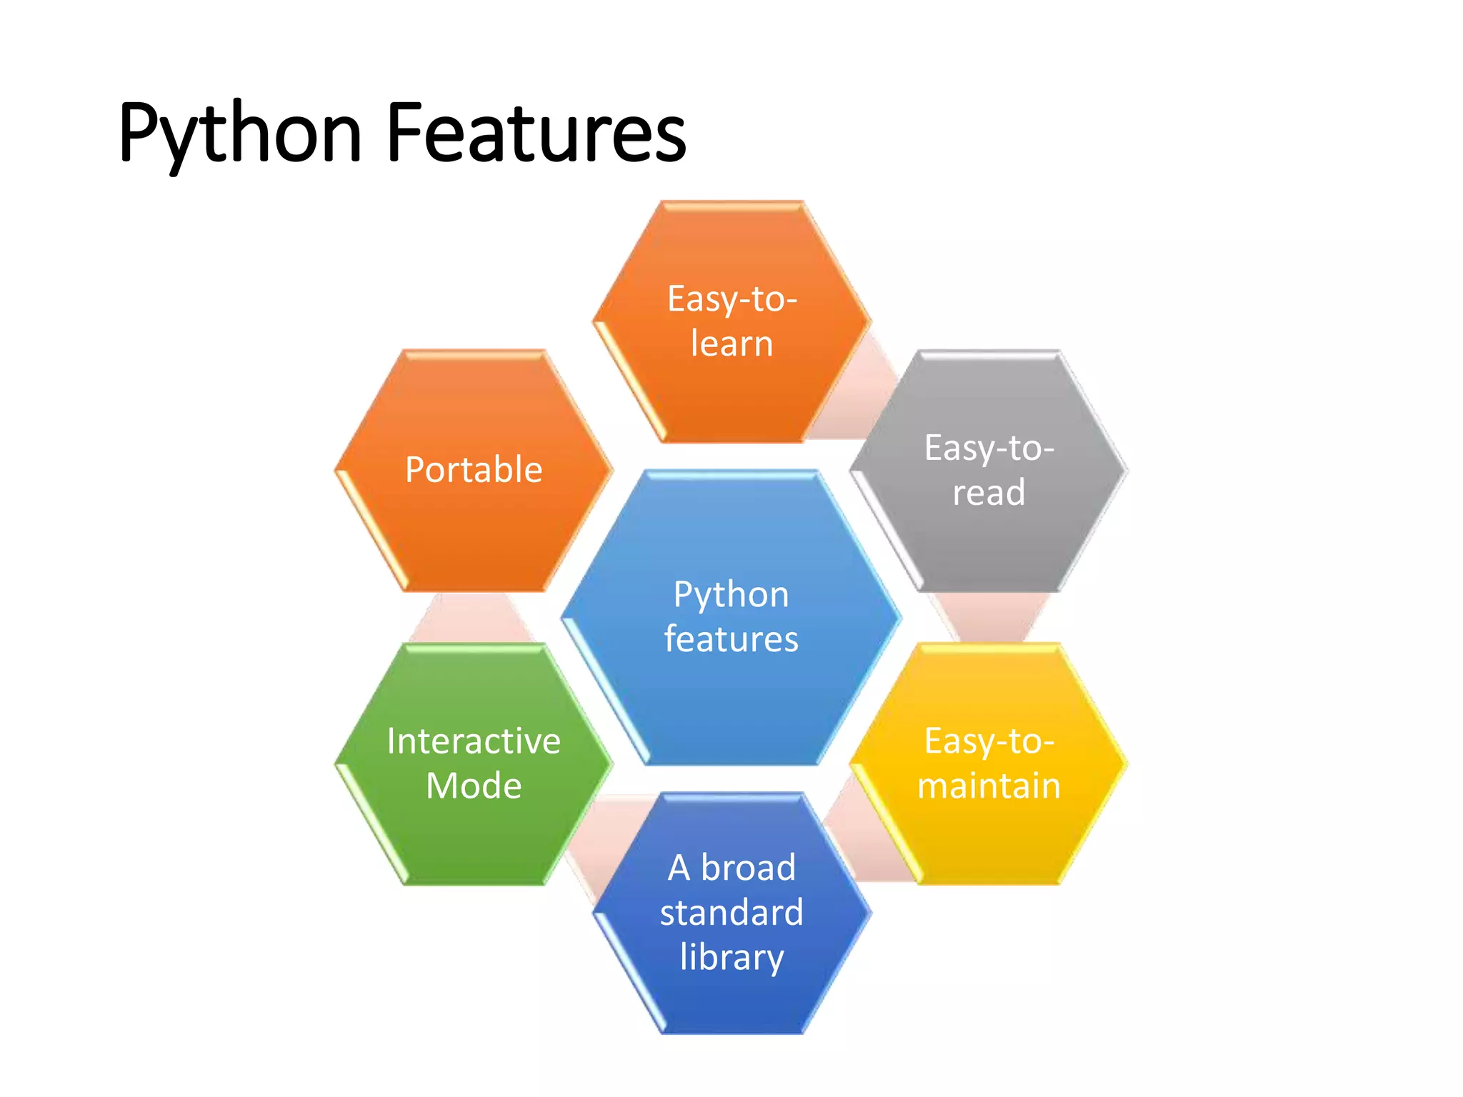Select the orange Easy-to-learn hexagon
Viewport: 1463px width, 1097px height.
pos(731,386)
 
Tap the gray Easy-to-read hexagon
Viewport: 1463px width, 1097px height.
pos(989,543)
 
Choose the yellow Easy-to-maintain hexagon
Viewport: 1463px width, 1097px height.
pos(989,836)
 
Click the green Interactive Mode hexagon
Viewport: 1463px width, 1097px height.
pos(474,836)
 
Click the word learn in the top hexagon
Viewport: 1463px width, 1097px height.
pos(731,344)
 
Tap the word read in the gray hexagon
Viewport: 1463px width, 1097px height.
pos(989,493)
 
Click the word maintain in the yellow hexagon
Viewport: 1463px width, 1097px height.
pos(989,786)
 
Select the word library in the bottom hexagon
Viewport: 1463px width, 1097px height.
pos(731,957)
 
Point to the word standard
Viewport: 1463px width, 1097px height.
pos(731,913)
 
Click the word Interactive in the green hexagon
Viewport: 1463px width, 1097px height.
pos(474,741)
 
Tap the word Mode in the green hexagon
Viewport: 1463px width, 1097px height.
pos(474,786)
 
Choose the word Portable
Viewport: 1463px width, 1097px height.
pos(474,470)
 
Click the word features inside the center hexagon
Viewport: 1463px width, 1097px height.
pos(731,638)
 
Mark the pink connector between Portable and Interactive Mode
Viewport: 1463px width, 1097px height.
pos(471,618)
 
